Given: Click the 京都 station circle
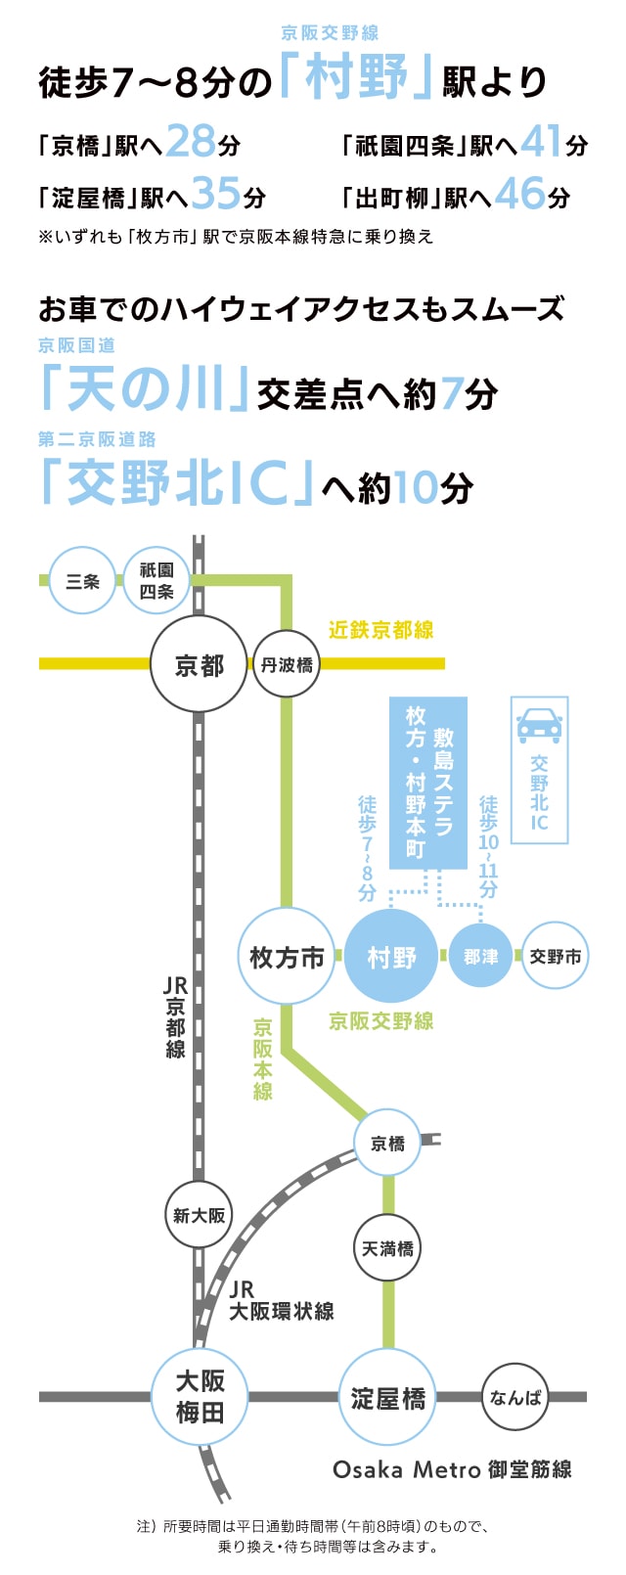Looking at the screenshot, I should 199,665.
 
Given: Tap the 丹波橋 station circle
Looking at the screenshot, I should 286,665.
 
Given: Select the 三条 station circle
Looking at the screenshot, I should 83,581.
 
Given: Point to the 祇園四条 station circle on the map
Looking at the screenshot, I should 156,581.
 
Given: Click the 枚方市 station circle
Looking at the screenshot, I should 286,956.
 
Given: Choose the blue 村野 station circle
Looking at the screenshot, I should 391,956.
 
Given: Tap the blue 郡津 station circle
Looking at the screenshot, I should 480,956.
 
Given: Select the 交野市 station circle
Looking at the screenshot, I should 556,956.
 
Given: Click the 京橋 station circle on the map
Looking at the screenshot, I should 388,1143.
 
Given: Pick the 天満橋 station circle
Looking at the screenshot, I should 388,1248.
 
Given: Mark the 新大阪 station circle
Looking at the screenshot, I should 199,1215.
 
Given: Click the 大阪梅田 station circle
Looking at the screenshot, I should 200,1396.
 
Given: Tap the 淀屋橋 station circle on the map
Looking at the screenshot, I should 388,1397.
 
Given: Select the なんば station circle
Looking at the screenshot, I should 514,1397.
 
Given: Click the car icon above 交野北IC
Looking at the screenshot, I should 539,725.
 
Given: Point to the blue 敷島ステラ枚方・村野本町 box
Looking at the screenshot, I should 428,783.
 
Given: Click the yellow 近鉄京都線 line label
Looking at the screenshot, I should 380,630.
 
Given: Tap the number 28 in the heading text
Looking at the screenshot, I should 190,143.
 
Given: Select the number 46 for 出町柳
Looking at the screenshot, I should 518,195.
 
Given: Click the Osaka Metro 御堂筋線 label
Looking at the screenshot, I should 452,1469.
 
